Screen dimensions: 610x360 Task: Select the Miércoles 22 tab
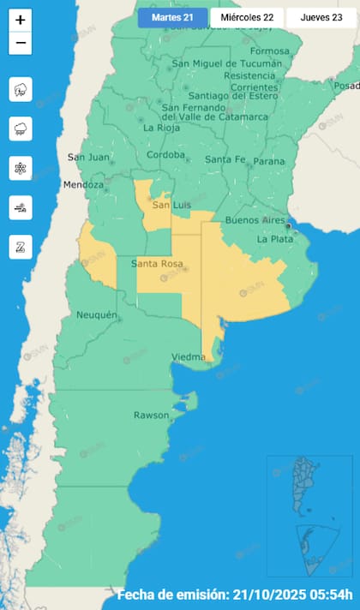tap(247, 17)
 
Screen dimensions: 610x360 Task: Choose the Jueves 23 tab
tap(321, 17)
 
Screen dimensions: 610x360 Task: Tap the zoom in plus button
tap(21, 20)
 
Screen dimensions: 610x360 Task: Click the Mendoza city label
tap(83, 185)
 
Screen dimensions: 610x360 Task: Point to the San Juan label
tap(87, 157)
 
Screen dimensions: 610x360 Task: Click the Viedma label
tap(188, 356)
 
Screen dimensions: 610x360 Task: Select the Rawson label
tap(151, 416)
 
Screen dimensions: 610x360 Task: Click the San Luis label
tap(170, 206)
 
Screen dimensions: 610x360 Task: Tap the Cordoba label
tap(165, 155)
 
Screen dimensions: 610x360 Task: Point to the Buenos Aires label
tap(254, 221)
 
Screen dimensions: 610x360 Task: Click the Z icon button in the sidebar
tap(21, 247)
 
